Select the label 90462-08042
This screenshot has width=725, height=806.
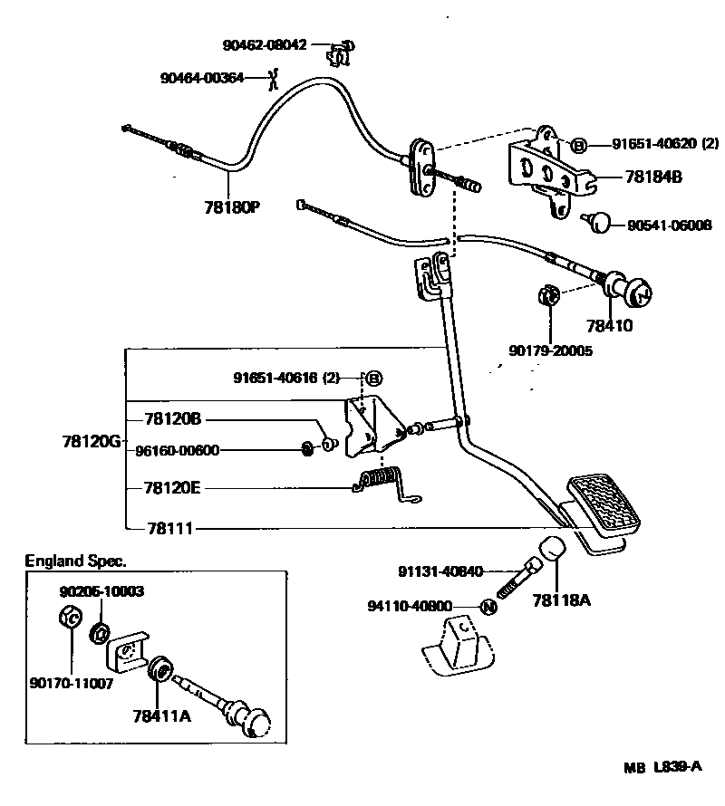265,43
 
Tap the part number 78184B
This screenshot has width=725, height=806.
652,178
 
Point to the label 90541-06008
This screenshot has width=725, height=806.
669,225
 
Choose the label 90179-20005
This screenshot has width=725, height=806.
550,350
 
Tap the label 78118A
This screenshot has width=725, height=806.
562,600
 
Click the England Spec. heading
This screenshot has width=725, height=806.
75,561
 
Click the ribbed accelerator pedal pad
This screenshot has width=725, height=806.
604,505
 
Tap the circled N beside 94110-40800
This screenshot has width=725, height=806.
488,607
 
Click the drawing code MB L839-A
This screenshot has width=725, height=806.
662,768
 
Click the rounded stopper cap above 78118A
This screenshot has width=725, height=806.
555,551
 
